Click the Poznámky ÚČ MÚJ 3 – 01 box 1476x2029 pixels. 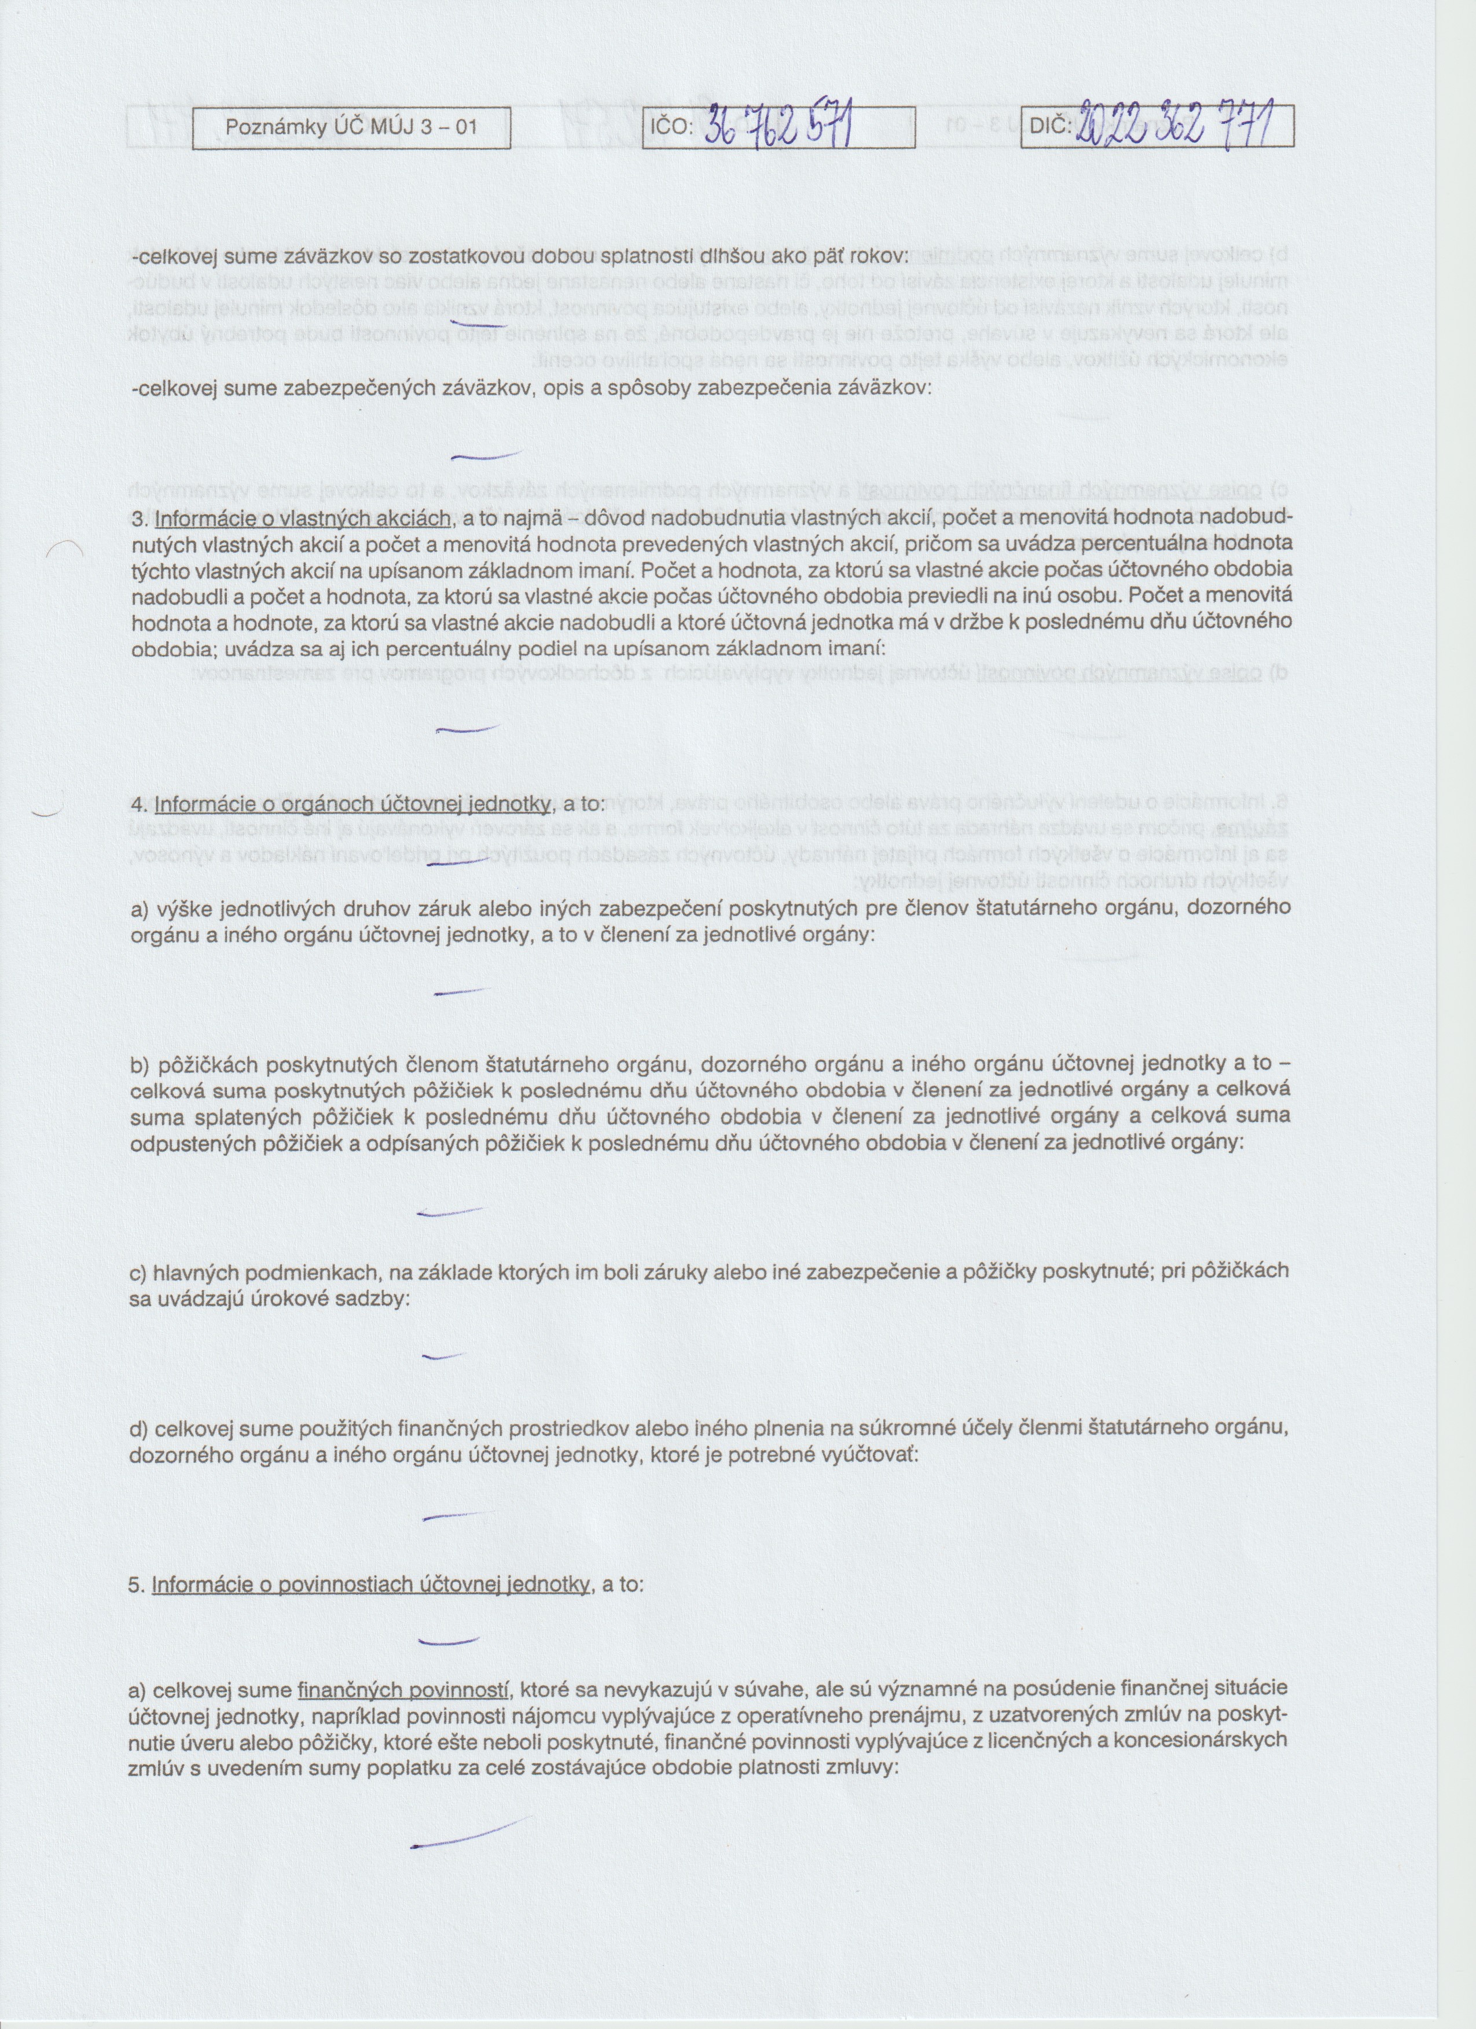pos(351,127)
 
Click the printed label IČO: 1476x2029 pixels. pos(670,127)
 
